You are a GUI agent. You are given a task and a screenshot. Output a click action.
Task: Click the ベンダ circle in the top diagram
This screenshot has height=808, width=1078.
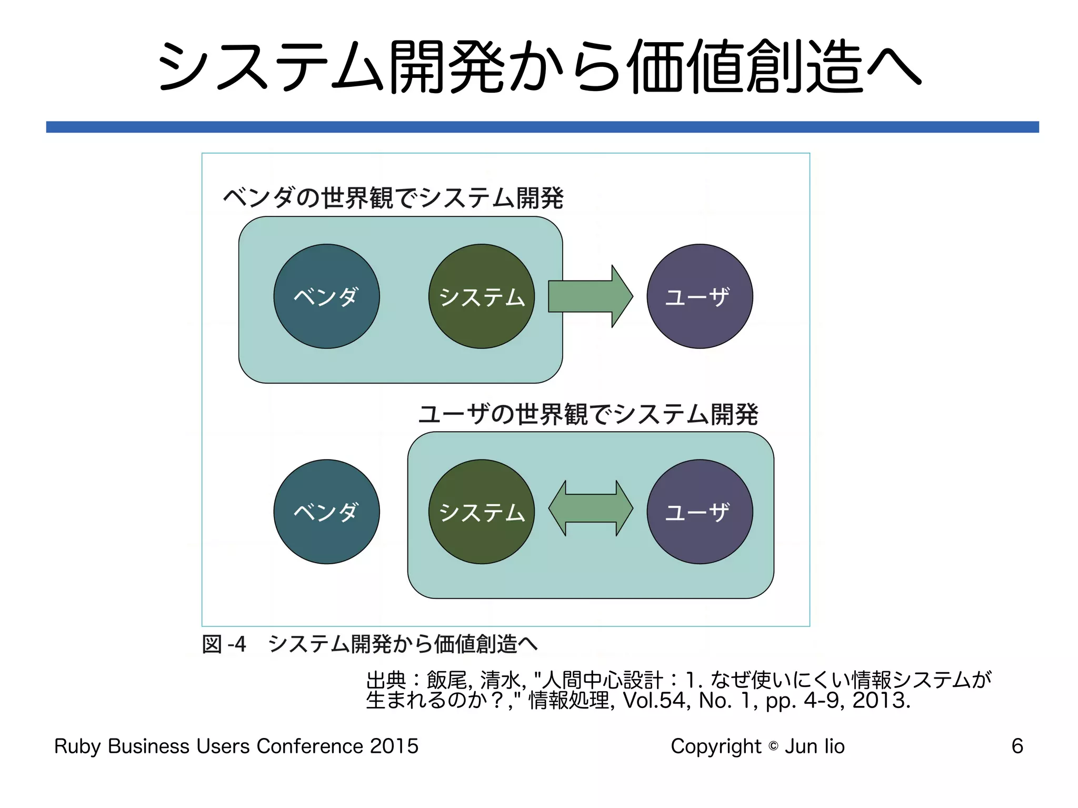326,296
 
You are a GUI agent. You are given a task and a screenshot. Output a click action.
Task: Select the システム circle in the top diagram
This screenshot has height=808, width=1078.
482,296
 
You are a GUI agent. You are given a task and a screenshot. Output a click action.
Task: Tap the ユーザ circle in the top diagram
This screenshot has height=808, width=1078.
700,296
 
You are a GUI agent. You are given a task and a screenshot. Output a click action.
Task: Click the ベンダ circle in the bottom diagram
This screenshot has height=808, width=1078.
326,512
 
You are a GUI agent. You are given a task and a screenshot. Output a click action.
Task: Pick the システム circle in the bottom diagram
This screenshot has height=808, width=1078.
482,512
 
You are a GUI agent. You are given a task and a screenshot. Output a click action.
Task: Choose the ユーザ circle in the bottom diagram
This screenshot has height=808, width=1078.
700,512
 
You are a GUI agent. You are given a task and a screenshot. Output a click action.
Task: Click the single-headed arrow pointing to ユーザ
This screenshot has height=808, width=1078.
590,296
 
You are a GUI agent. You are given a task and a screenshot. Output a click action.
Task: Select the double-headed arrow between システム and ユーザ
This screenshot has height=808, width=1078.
591,508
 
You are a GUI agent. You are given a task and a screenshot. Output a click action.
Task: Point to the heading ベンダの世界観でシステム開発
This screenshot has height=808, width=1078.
393,198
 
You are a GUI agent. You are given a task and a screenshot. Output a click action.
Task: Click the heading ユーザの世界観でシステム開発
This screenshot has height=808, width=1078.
588,414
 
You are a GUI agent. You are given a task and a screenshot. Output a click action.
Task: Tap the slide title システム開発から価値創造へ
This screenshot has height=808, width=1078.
539,67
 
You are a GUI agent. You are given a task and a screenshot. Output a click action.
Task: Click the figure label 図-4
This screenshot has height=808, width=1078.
224,644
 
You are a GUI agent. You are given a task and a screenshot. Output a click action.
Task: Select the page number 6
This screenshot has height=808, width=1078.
1017,746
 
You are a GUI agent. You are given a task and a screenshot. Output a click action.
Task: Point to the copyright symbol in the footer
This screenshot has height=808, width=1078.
773,746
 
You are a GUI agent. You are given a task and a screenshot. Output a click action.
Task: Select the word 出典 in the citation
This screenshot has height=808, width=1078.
386,680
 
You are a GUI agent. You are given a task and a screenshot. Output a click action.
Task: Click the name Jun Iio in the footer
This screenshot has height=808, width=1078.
814,746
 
